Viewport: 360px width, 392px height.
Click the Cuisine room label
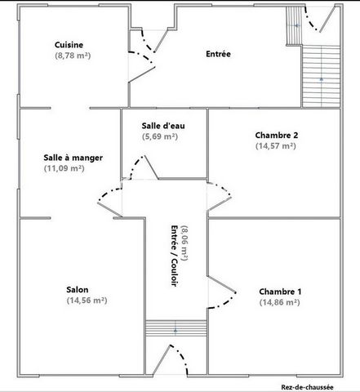(69, 45)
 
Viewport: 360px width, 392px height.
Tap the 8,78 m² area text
(73, 56)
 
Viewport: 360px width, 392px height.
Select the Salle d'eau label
(163, 126)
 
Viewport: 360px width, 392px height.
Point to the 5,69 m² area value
(160, 136)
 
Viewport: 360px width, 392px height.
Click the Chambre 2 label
(277, 135)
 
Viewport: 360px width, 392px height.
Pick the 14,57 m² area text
(276, 145)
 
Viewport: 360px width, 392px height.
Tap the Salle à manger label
(73, 158)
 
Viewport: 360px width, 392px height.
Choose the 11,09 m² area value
(64, 168)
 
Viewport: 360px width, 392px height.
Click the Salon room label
(78, 290)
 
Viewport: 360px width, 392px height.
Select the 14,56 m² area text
(87, 301)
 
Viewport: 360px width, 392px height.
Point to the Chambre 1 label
(280, 292)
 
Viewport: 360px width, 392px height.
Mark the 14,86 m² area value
(279, 302)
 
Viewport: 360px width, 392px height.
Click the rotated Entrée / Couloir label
(175, 256)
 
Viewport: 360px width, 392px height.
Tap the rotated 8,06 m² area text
(184, 243)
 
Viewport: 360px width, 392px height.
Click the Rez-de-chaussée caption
(307, 387)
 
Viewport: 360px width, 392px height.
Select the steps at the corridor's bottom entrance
(176, 328)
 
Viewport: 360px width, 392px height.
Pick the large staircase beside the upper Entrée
(322, 76)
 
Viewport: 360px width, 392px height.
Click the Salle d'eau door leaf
(151, 167)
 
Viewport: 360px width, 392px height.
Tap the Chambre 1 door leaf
(221, 284)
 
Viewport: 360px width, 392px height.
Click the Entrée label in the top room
(218, 54)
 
